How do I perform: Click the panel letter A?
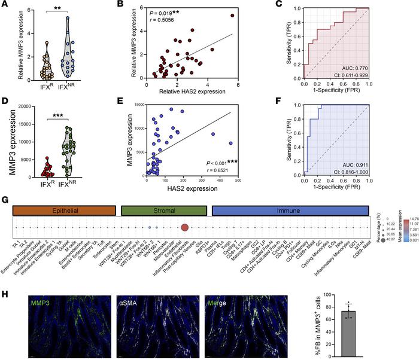point(5,6)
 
